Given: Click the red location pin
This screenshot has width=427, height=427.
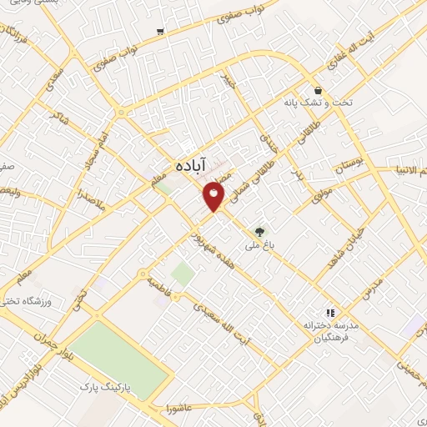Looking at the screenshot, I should pyautogui.click(x=214, y=196).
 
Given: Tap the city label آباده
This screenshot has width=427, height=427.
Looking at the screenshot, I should pyautogui.click(x=191, y=167).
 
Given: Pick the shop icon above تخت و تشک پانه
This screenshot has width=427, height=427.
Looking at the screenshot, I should pyautogui.click(x=318, y=90).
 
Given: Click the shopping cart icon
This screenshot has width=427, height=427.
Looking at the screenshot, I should pyautogui.click(x=159, y=32).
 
